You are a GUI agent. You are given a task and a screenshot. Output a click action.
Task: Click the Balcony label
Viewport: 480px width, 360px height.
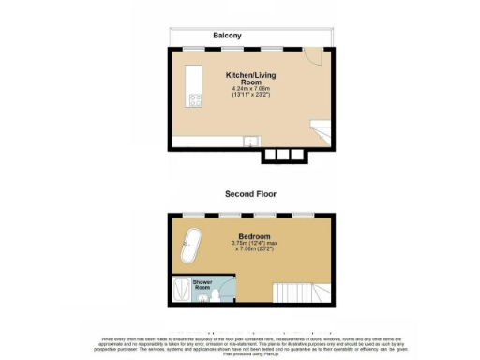[x=227, y=36]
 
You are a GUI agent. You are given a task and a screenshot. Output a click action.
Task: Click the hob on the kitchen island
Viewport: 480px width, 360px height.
[x=196, y=99]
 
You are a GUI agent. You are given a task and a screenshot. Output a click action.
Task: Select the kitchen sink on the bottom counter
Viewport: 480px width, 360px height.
[x=249, y=141]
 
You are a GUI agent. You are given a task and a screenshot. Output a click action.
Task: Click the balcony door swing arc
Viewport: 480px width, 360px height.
[x=317, y=57]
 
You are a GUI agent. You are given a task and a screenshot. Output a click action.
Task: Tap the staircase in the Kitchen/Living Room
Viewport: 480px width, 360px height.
[x=319, y=132]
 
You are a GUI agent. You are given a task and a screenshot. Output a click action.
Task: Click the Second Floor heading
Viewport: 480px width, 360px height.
[x=249, y=194]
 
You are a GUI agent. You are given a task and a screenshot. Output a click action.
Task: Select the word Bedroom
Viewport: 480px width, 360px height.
[x=254, y=236]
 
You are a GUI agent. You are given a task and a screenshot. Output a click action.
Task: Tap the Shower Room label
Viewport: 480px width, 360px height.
[x=202, y=283]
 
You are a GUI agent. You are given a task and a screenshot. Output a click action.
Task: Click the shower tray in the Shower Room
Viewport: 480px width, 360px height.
[x=180, y=292]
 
